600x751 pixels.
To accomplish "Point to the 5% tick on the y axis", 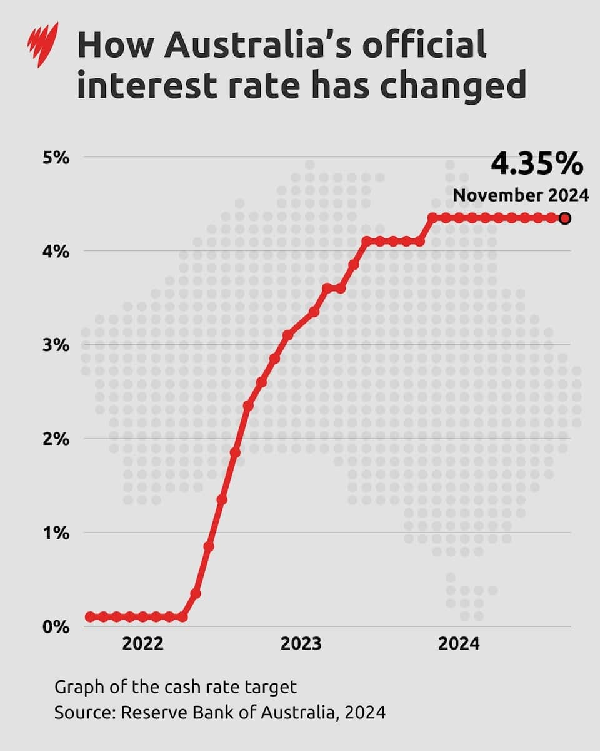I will [x=56, y=157].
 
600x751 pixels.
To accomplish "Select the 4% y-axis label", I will [x=56, y=251].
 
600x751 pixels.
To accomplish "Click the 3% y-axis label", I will [x=56, y=345].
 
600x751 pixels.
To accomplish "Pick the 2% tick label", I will [x=56, y=439].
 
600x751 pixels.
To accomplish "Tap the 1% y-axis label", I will [x=56, y=533].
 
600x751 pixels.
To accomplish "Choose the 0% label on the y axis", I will [x=56, y=626].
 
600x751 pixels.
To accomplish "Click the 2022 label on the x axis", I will [x=143, y=644].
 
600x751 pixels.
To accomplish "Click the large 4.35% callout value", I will [x=536, y=165].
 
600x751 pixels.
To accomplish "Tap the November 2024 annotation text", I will [x=521, y=195].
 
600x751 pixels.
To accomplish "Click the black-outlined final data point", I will [x=565, y=218].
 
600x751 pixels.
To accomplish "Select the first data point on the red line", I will [x=90, y=617].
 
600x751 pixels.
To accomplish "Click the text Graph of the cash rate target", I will [x=175, y=687].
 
